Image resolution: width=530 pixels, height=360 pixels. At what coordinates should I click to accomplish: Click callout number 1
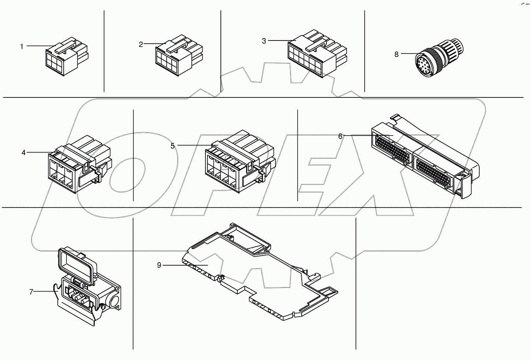(22, 46)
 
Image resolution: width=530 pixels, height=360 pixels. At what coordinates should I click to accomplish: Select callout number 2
(141, 44)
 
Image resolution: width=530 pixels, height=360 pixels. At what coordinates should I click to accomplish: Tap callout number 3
(264, 41)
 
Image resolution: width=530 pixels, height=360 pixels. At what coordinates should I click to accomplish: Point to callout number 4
(24, 152)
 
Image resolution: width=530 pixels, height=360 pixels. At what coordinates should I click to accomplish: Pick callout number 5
(172, 146)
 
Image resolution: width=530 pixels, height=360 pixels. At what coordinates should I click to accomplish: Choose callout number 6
(340, 136)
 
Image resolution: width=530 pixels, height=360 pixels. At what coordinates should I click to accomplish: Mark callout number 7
(31, 292)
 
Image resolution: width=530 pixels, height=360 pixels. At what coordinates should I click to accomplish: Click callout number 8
(396, 55)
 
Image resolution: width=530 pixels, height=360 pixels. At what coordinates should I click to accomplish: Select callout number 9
(159, 265)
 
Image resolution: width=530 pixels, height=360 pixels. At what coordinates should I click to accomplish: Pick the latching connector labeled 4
(79, 165)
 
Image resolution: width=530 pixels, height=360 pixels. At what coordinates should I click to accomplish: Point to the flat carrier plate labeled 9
(255, 275)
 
